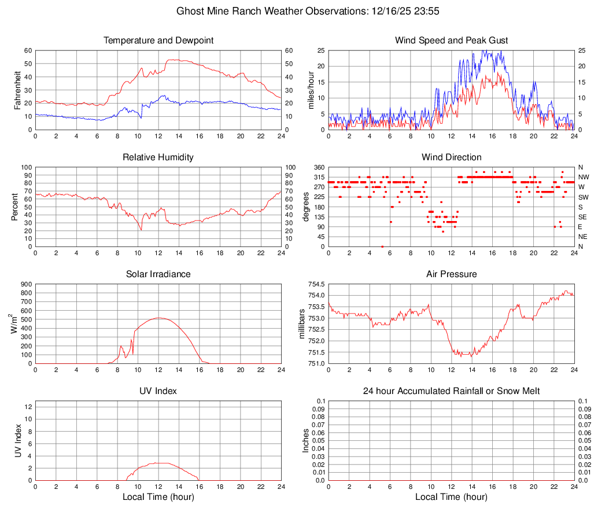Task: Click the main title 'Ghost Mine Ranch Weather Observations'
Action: (296, 11)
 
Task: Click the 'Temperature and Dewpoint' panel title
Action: (158, 41)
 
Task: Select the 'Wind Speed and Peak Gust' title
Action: (451, 41)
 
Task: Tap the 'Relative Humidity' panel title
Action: (158, 157)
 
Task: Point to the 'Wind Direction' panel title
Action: (451, 157)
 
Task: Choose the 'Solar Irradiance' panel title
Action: (158, 274)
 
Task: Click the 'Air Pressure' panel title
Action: (451, 274)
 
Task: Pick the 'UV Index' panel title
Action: (158, 391)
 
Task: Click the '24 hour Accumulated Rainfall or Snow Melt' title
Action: (451, 391)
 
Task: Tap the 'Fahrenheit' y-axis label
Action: (17, 90)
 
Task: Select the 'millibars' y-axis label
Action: (301, 323)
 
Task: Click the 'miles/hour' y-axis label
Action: (310, 90)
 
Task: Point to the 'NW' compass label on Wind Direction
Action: (584, 177)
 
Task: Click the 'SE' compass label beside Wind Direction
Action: (583, 217)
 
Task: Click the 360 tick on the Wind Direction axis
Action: (318, 167)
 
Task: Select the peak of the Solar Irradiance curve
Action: (158, 318)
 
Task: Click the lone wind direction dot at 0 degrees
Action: (382, 246)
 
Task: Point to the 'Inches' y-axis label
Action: (306, 440)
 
